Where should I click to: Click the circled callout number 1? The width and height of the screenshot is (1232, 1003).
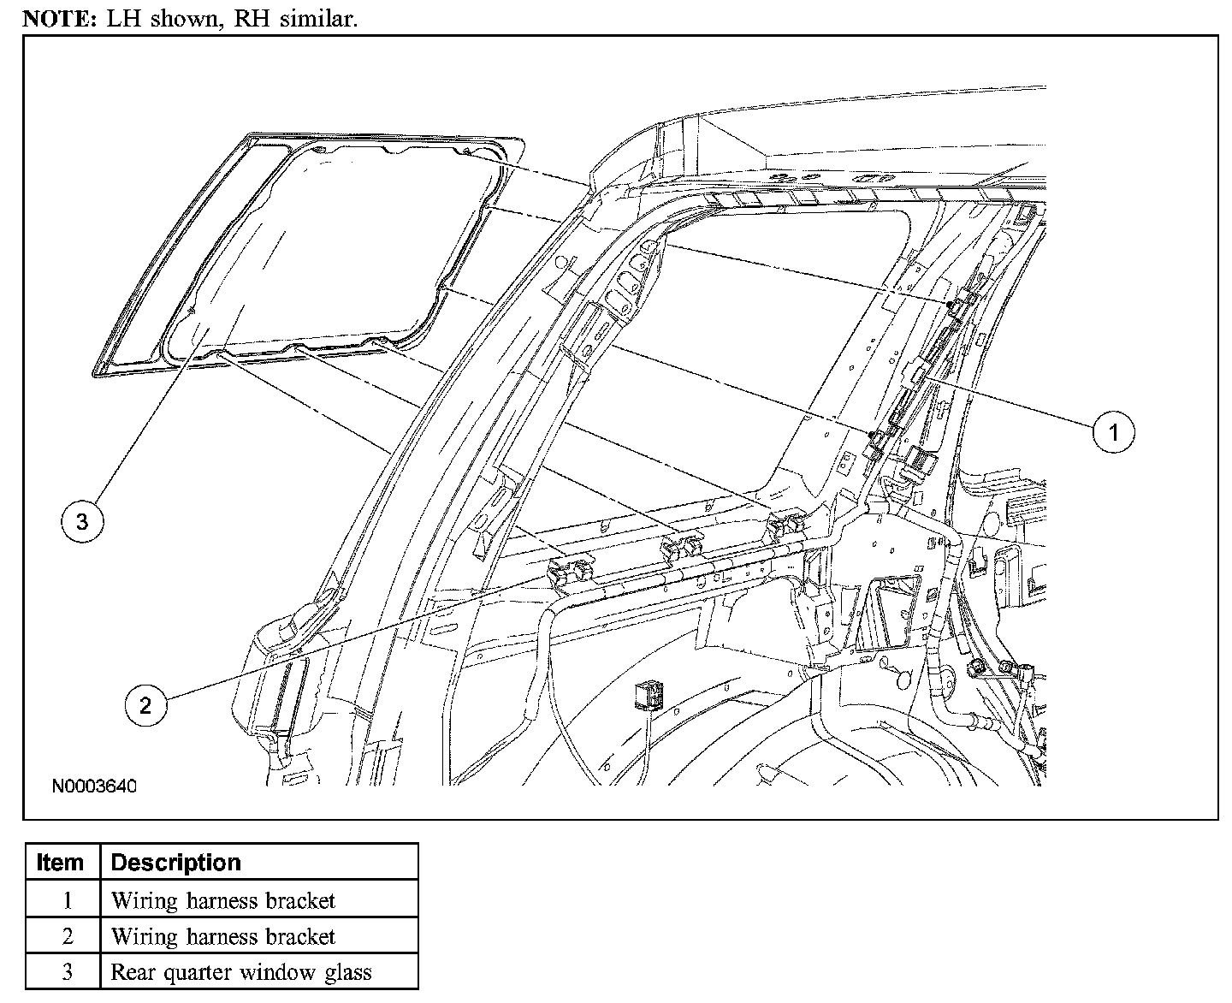pos(1112,432)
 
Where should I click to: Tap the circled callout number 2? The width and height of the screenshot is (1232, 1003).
pos(145,704)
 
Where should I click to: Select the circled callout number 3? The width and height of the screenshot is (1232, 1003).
pos(82,521)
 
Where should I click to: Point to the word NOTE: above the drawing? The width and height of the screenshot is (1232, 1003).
pos(52,19)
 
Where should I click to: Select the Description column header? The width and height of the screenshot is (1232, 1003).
pos(176,862)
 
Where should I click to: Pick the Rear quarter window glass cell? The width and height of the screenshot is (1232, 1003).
pos(241,972)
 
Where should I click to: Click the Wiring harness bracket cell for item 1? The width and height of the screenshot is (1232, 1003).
pos(223,900)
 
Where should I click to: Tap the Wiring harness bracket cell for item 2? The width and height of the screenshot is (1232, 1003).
pos(223,936)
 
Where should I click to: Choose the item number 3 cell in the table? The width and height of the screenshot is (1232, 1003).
pos(67,972)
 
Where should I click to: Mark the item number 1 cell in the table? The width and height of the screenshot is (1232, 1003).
pos(67,900)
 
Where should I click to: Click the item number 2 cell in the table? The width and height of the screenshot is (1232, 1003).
pos(67,936)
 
